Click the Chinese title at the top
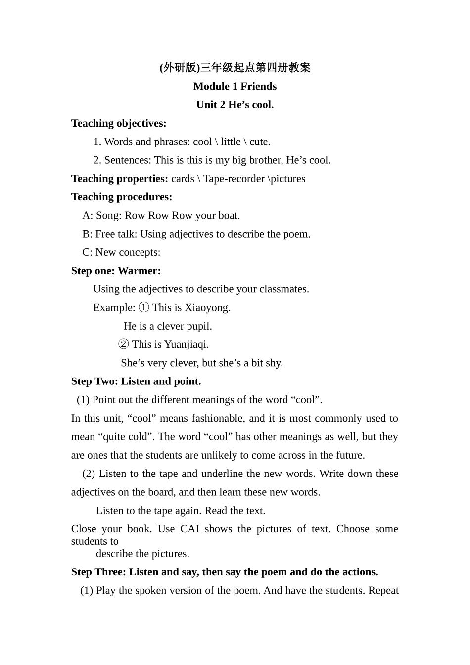[235, 68]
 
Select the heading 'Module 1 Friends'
[235, 86]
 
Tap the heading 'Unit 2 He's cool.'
[235, 105]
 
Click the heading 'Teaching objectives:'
[119, 123]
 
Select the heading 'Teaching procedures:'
[122, 197]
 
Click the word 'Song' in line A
[108, 216]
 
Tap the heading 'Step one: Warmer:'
[116, 271]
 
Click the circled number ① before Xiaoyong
[143, 308]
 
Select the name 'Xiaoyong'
[206, 308]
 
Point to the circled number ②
[124, 344]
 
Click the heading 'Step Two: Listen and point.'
[136, 381]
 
